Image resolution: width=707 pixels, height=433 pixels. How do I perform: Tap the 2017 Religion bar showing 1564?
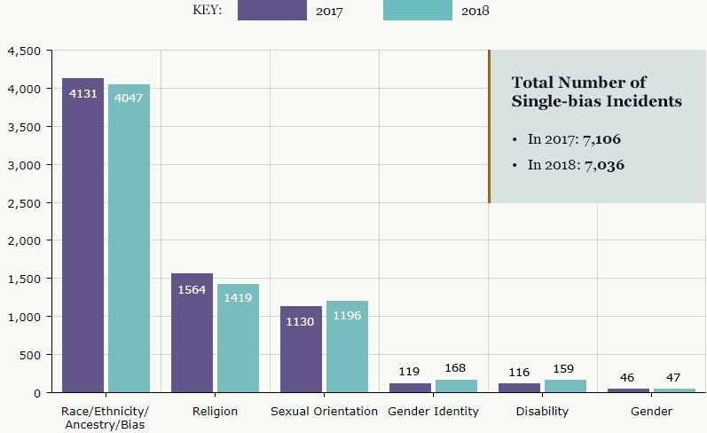tap(192, 333)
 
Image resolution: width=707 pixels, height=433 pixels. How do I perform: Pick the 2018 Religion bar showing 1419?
tap(238, 338)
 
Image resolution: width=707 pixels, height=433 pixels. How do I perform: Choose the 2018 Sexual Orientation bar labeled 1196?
tap(347, 346)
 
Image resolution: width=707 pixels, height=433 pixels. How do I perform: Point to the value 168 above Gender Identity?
tap(456, 368)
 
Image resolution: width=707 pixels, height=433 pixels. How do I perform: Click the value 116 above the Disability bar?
tap(519, 372)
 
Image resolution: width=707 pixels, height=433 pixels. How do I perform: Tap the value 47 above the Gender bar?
tap(674, 377)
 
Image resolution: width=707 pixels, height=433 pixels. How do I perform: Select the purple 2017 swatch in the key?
tap(271, 11)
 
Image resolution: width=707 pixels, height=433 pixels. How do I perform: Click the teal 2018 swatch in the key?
tap(418, 11)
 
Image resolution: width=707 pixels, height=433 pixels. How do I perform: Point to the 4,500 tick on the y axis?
tap(23, 51)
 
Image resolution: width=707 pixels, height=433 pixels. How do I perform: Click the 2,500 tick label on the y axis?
tap(23, 203)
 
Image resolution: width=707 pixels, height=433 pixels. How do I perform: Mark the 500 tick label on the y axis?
tap(29, 355)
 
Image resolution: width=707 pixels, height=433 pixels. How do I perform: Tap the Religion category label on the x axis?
tap(215, 412)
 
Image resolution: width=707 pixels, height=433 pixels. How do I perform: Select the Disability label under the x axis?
tap(542, 412)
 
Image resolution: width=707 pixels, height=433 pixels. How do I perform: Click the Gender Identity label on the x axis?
tap(433, 412)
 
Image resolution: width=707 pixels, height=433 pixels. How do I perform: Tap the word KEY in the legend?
tap(207, 11)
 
